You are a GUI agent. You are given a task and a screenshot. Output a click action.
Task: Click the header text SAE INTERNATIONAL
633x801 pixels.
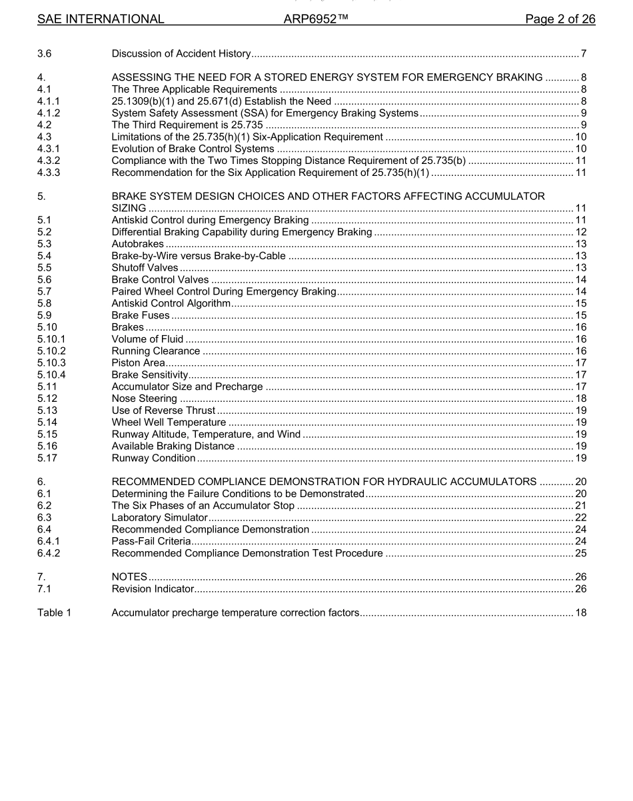(101, 19)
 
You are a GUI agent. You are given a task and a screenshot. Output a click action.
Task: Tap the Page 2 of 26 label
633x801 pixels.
(560, 19)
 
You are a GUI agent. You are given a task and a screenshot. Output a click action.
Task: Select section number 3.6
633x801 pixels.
(45, 53)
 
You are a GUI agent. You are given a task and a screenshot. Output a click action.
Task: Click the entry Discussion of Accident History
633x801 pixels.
(181, 53)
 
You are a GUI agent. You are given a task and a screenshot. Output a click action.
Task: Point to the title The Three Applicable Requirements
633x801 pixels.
(194, 89)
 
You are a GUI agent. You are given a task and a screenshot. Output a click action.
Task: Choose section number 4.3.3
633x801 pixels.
(49, 173)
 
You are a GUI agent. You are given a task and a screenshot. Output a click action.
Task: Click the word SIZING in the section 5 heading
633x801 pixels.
(129, 209)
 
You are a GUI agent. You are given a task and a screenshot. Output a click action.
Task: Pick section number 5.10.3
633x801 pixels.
(51, 363)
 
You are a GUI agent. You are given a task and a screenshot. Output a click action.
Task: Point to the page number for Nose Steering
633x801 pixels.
(580, 399)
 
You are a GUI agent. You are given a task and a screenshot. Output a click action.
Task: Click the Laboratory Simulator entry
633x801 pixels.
(159, 518)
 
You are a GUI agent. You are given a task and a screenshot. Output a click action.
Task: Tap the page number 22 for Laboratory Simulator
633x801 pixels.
(580, 518)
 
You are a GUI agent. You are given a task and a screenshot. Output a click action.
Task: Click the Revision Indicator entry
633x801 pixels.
(153, 589)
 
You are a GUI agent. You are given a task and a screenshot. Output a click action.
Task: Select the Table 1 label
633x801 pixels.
(54, 612)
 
